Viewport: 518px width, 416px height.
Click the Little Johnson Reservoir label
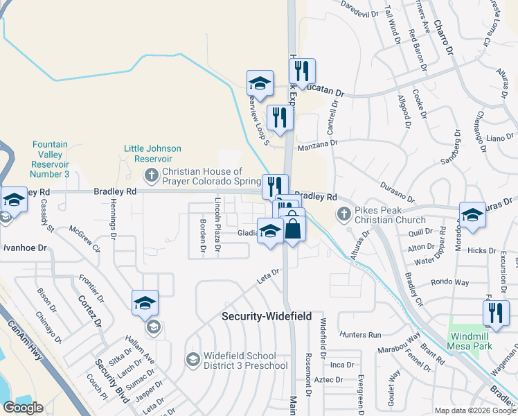152,153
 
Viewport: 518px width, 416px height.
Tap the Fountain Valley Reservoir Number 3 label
51,159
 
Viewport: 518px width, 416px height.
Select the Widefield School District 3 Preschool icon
192,358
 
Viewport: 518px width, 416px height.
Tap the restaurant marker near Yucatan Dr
302,71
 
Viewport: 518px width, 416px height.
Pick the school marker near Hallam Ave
145,303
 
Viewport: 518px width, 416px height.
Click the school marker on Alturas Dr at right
472,215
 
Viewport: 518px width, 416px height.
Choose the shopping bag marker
293,229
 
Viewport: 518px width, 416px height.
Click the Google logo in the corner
23,408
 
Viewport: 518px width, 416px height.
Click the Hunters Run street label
365,335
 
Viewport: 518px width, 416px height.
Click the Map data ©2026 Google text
475,410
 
